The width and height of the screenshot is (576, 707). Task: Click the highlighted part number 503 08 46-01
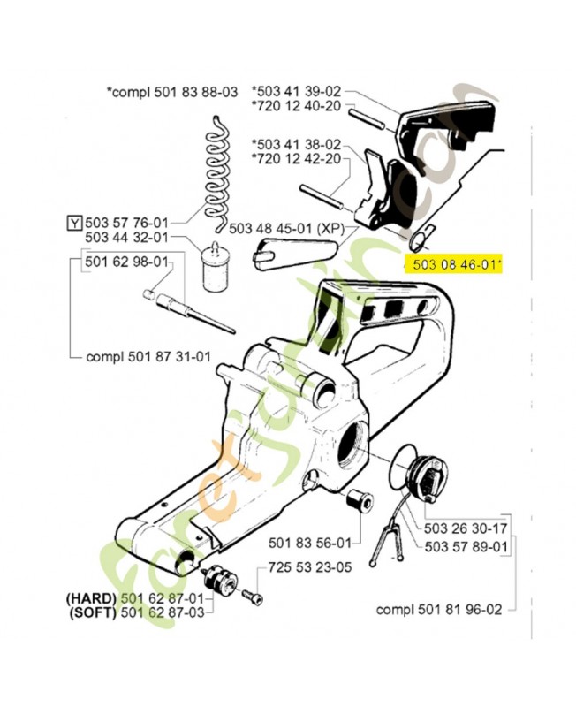452,262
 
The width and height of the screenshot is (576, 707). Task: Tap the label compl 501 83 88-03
171,91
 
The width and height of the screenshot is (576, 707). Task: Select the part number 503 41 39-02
298,91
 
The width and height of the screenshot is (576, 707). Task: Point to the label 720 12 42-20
298,159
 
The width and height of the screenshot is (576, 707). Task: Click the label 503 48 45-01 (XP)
285,228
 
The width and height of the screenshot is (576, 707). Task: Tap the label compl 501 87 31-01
149,357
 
